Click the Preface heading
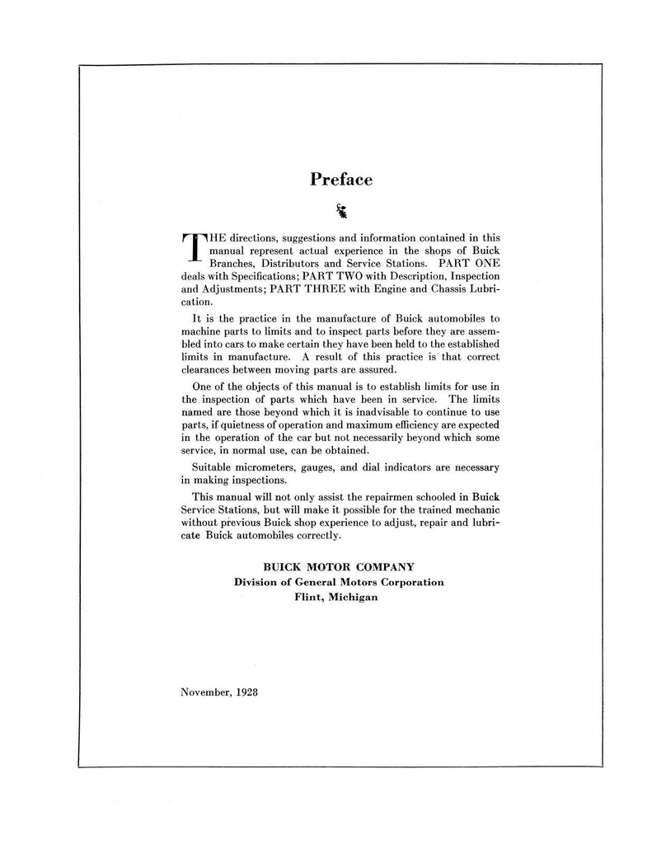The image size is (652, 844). (340, 179)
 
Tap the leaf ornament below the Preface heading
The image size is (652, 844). (340, 212)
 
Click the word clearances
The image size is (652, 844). (209, 370)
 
